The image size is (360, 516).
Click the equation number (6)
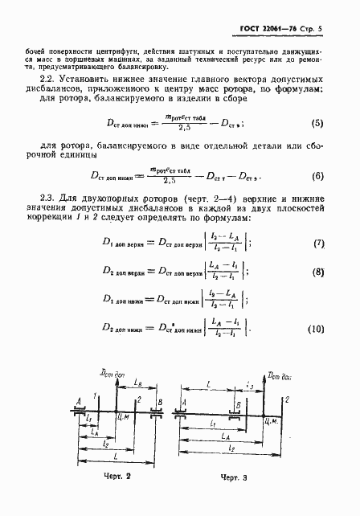tap(318, 176)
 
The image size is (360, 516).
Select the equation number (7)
tap(318, 243)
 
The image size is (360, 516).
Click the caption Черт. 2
tap(117, 476)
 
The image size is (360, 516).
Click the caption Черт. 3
tap(237, 477)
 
